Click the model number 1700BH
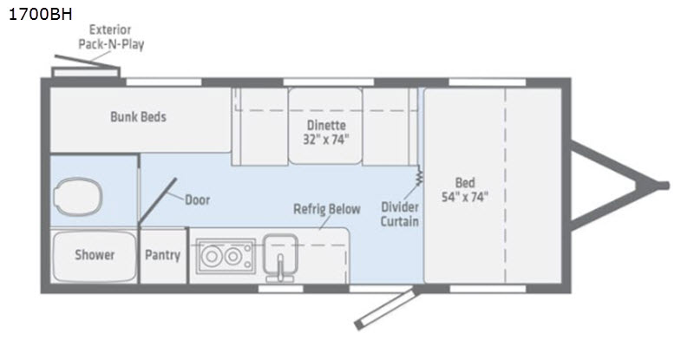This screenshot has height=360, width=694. (40, 14)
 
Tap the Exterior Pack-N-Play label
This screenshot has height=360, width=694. (111, 36)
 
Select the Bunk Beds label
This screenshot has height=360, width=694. (138, 117)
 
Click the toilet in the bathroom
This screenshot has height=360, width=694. (77, 197)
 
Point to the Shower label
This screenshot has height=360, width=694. (95, 255)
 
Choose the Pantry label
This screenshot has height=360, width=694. (162, 255)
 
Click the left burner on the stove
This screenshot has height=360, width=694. (212, 256)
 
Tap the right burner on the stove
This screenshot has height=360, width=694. (232, 256)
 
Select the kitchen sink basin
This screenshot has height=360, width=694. (280, 253)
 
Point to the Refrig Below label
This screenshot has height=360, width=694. (327, 209)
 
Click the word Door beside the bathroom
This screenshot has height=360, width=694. (198, 200)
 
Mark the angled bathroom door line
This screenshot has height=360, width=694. (157, 200)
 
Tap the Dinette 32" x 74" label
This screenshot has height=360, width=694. (326, 132)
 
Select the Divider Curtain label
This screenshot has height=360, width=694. (400, 214)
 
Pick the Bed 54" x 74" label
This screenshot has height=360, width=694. (465, 189)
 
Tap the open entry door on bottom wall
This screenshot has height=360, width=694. (385, 308)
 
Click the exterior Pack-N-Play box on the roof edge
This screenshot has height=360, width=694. (86, 72)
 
